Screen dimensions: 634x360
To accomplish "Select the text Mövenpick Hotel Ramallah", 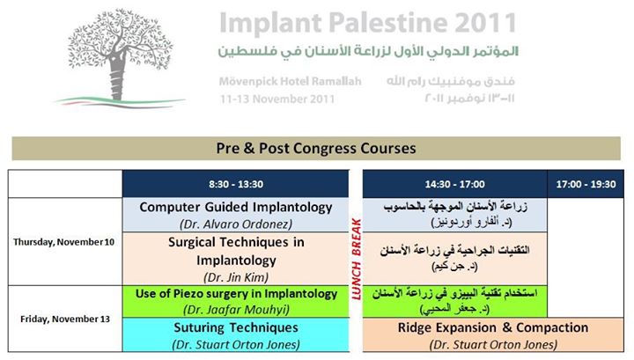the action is (290, 82).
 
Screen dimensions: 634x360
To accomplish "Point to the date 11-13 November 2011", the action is (277, 99).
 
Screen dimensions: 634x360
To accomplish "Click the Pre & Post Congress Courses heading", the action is (316, 148).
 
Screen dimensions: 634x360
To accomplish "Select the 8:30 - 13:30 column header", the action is (236, 184).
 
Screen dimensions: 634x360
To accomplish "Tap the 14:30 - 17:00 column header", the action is (454, 184).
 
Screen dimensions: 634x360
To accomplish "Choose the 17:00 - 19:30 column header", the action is (586, 184).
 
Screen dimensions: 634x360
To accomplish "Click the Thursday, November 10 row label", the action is (64, 242).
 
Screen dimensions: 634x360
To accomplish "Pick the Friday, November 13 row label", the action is (65, 320).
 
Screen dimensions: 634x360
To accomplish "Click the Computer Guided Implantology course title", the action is (236, 207).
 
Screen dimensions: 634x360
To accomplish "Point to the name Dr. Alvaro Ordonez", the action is (236, 224).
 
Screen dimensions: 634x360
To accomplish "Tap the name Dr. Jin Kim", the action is (236, 277).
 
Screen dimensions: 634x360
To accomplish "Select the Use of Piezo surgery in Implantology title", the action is (236, 294).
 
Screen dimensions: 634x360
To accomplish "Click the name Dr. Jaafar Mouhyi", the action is (236, 310).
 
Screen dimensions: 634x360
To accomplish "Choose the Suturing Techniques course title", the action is (236, 327).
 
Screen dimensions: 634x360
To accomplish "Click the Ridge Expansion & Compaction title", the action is (493, 327).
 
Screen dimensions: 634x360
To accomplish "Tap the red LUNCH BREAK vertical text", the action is (357, 259).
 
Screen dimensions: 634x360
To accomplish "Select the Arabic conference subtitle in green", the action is (368, 51).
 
